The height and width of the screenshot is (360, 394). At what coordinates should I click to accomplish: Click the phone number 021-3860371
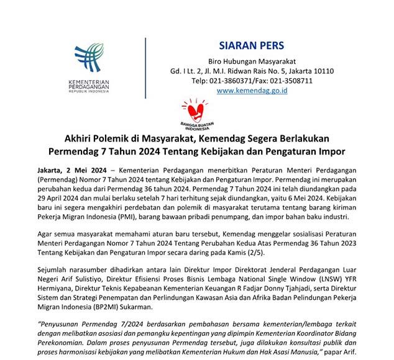[x=231, y=81]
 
